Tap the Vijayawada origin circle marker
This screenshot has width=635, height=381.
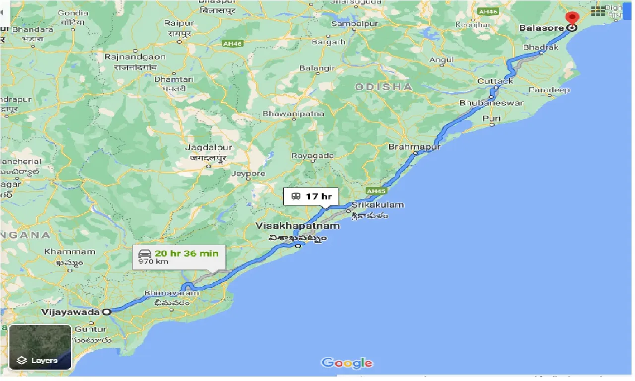pyautogui.click(x=106, y=312)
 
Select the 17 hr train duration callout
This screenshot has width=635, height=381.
pyautogui.click(x=310, y=196)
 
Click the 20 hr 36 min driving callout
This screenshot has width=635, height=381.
pyautogui.click(x=179, y=257)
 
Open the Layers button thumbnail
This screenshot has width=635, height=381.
pyautogui.click(x=40, y=347)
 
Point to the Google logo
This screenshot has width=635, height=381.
pyautogui.click(x=347, y=363)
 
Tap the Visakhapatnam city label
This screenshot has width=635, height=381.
pyautogui.click(x=298, y=226)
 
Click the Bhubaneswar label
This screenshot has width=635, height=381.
pyautogui.click(x=491, y=103)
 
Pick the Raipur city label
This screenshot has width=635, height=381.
pyautogui.click(x=179, y=23)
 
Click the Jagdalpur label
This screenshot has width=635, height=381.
pyautogui.click(x=208, y=148)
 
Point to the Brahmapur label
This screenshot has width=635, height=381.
pyautogui.click(x=414, y=147)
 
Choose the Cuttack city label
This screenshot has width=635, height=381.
pyautogui.click(x=495, y=81)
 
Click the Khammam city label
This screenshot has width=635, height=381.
pyautogui.click(x=76, y=252)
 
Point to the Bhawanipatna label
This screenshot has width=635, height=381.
pyautogui.click(x=293, y=114)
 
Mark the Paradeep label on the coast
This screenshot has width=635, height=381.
pyautogui.click(x=549, y=90)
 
